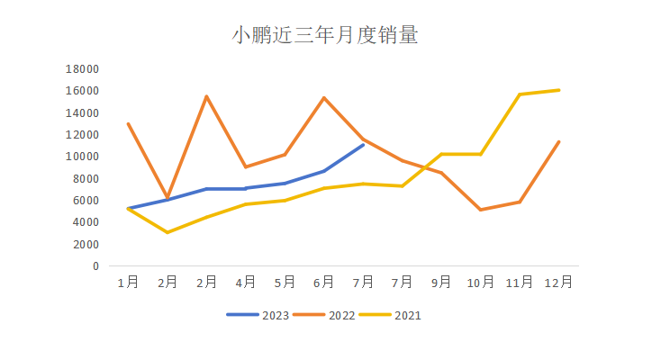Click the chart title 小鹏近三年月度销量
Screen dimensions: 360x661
pyautogui.click(x=325, y=36)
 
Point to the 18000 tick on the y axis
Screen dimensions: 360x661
pyautogui.click(x=83, y=69)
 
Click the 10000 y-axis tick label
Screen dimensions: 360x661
pyautogui.click(x=83, y=157)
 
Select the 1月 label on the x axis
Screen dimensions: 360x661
pyautogui.click(x=128, y=282)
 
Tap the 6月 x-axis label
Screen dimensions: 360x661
pyautogui.click(x=324, y=282)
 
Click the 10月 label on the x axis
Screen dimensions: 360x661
pyautogui.click(x=481, y=282)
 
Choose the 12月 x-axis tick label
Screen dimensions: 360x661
pyautogui.click(x=559, y=282)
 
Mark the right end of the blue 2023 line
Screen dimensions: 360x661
pyautogui.click(x=363, y=144)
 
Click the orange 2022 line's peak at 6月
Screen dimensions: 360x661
pyautogui.click(x=324, y=98)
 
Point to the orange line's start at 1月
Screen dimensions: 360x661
pyautogui.click(x=128, y=124)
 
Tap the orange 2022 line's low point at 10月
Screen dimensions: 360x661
pyautogui.click(x=481, y=210)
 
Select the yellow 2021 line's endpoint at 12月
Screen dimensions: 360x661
pyautogui.click(x=559, y=90)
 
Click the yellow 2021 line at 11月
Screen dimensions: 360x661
pyautogui.click(x=520, y=94)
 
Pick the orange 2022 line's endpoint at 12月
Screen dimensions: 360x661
pyautogui.click(x=559, y=141)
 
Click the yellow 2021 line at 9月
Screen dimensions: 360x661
pyautogui.click(x=441, y=154)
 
